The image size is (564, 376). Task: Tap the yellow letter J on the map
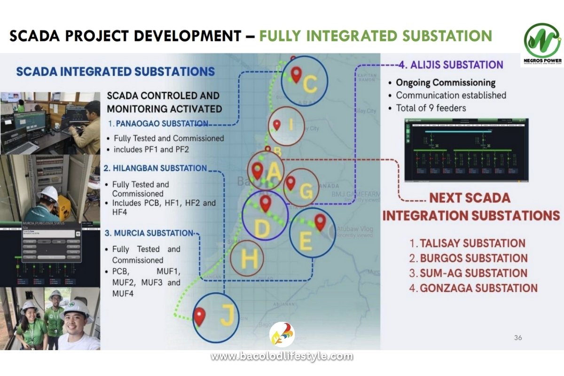click(x=227, y=318)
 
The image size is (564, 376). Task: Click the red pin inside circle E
click(x=320, y=222)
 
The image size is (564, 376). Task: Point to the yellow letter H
click(x=249, y=259)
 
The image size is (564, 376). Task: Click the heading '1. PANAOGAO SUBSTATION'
click(x=158, y=124)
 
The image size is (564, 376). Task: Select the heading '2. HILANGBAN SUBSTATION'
click(x=155, y=168)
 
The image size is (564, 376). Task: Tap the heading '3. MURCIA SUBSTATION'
click(x=149, y=233)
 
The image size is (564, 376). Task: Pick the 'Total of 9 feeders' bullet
click(x=431, y=108)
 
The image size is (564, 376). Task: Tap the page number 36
click(x=518, y=337)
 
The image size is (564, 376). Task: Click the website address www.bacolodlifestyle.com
click(x=282, y=356)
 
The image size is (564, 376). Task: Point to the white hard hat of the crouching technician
click(x=48, y=193)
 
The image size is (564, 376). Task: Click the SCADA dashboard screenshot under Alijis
click(x=466, y=150)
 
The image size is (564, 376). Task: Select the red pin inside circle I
click(x=277, y=125)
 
